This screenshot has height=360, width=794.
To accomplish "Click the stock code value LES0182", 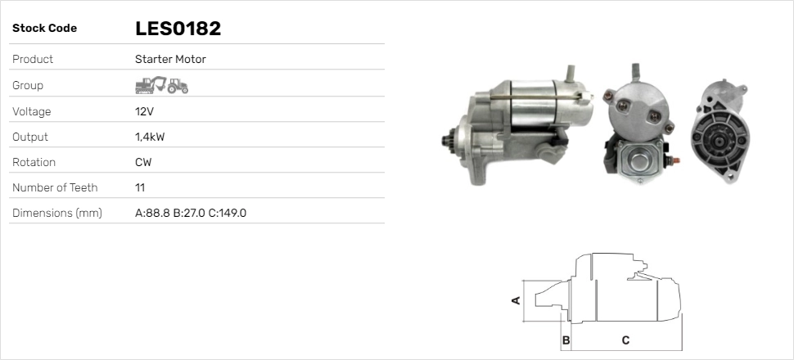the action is point(178,29).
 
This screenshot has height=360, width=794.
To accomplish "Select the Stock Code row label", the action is point(44,29).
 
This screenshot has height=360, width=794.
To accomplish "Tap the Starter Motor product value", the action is point(170,59).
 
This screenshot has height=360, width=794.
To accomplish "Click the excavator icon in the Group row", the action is point(151,85).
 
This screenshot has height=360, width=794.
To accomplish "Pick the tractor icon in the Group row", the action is point(178,86).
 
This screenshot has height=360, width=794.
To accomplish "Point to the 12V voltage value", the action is point(144,111).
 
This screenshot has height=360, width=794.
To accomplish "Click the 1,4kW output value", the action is point(150,137).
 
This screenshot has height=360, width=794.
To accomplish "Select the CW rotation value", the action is point(143,163).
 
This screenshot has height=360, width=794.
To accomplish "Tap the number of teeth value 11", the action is point(140,188).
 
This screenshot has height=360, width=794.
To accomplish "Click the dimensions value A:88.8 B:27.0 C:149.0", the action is point(191,214).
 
